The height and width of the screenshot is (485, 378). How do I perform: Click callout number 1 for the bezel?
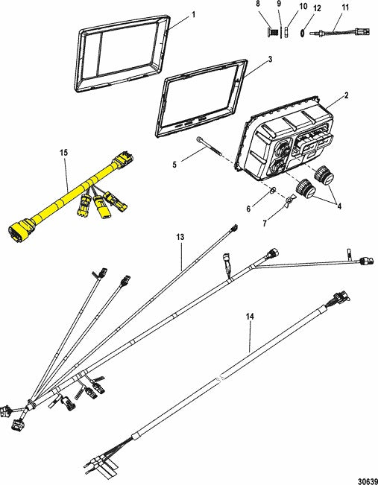(194, 15)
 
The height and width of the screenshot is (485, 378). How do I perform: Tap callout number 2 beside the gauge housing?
(347, 95)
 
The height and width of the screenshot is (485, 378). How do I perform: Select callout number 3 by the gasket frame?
(270, 60)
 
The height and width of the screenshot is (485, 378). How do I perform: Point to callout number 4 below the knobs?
(339, 206)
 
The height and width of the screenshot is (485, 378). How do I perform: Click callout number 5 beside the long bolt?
(174, 165)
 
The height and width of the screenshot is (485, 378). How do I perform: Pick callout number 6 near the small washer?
(248, 209)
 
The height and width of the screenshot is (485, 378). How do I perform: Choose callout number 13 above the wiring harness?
(180, 237)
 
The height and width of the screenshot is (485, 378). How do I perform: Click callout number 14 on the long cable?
(250, 317)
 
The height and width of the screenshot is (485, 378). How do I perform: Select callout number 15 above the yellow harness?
(64, 153)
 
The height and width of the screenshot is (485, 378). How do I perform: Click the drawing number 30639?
(368, 481)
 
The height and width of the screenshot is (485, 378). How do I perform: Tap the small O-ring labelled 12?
(303, 32)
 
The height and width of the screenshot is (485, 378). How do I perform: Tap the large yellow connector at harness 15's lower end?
(22, 229)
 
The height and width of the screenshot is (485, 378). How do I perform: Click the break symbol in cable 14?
(221, 378)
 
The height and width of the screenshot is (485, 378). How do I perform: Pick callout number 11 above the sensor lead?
(345, 7)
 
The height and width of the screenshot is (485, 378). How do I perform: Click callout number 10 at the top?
(303, 6)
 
